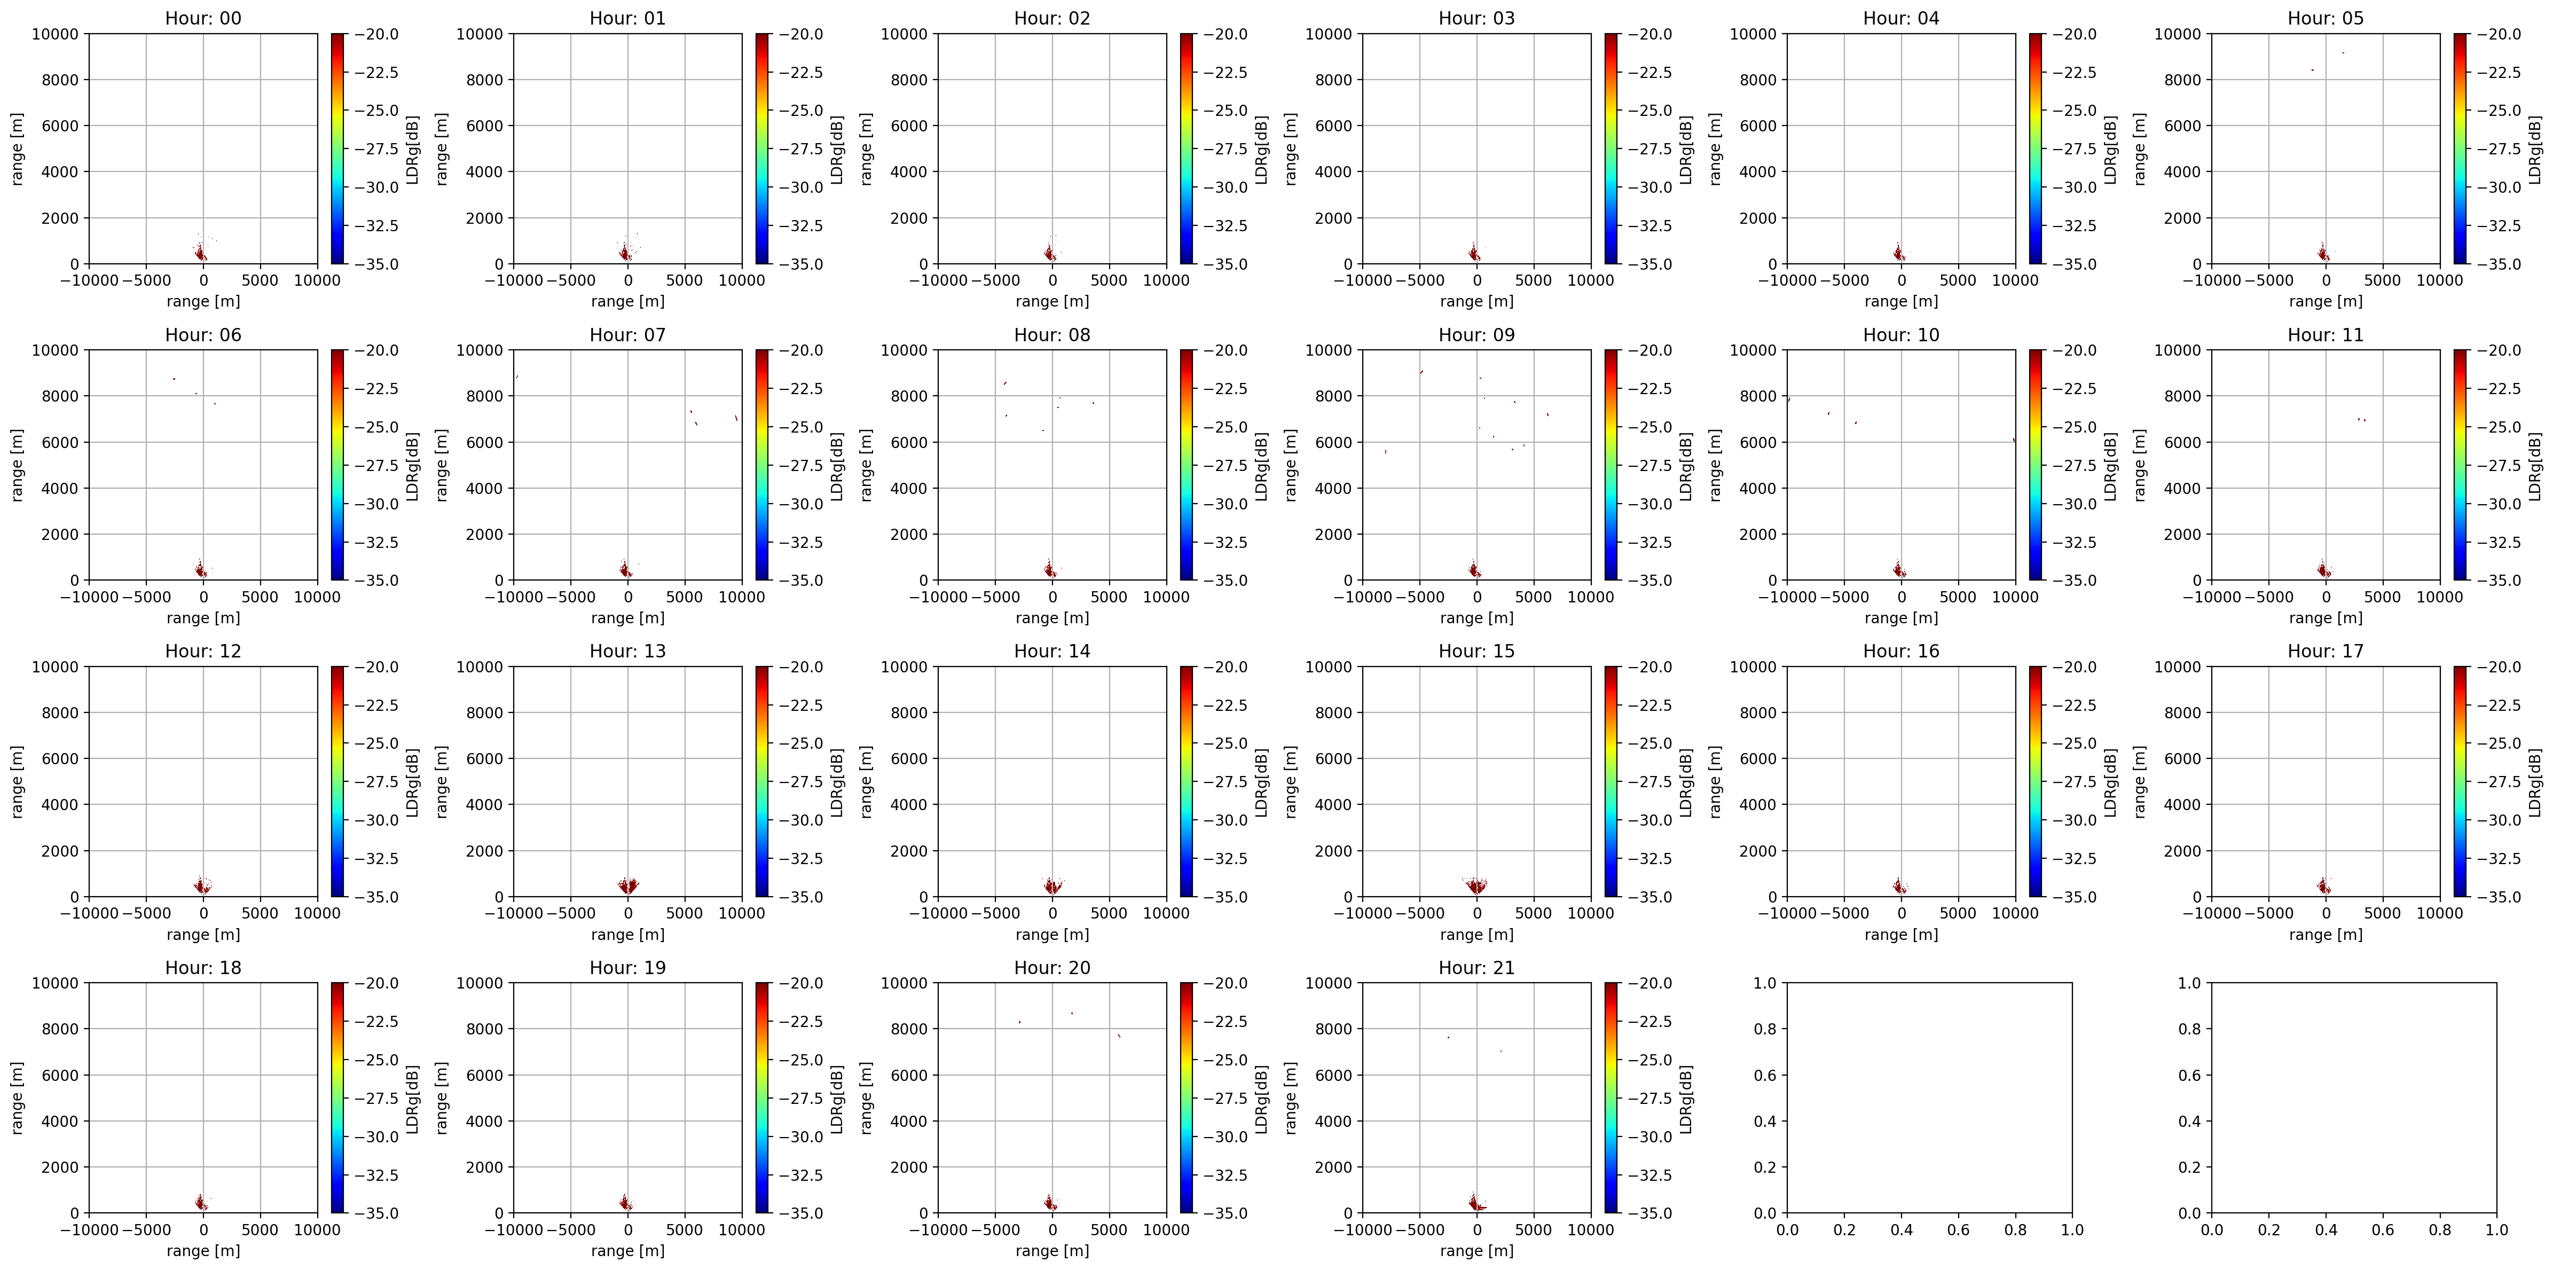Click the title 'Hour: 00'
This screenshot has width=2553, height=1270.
pyautogui.click(x=203, y=18)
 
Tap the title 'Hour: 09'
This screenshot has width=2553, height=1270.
pyautogui.click(x=1476, y=335)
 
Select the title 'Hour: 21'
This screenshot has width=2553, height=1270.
pyautogui.click(x=1476, y=968)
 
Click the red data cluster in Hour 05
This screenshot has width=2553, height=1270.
pyautogui.click(x=2324, y=253)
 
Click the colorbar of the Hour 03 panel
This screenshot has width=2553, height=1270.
pyautogui.click(x=1612, y=148)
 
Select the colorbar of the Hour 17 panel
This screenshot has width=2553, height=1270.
pyautogui.click(x=2460, y=781)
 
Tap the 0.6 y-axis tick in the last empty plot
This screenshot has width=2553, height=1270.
pyautogui.click(x=2190, y=1075)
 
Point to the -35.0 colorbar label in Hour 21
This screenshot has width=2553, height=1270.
pyautogui.click(x=1650, y=1212)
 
